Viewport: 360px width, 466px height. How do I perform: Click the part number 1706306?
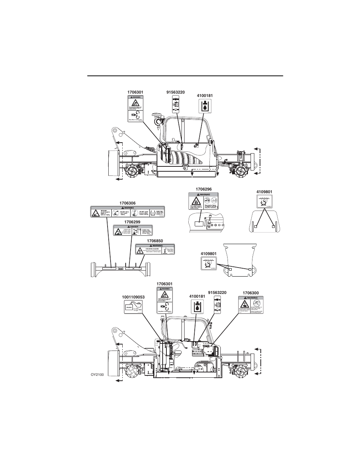(127, 203)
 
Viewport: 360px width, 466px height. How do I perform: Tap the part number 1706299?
(132, 222)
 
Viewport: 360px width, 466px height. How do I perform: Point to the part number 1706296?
(203, 189)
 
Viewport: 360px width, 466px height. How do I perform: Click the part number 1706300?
(251, 293)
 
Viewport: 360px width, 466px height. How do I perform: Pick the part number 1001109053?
(133, 297)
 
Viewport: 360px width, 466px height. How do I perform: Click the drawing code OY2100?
(97, 374)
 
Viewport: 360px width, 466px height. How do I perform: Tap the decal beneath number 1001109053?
(134, 308)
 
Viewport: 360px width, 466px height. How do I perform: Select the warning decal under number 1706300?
(251, 305)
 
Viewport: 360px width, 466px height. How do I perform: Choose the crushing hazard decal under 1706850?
(155, 249)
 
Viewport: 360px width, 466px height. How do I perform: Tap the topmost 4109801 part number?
(264, 192)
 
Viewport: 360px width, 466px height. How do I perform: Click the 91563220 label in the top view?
(175, 92)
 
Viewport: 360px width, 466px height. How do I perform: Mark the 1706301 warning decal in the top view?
(135, 108)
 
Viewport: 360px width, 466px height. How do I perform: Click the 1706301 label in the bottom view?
(165, 283)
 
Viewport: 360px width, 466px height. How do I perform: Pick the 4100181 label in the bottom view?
(197, 296)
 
